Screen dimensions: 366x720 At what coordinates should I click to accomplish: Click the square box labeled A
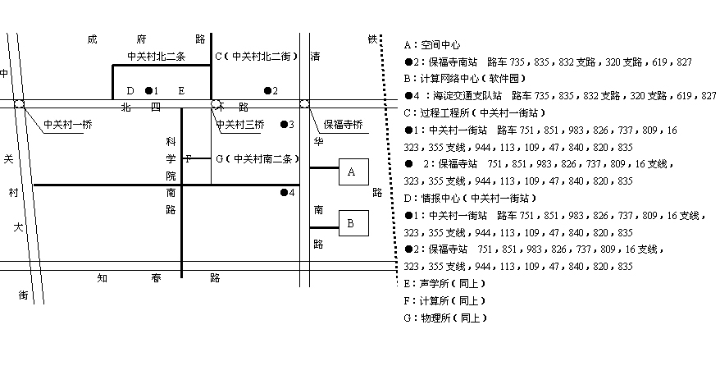pyautogui.click(x=352, y=172)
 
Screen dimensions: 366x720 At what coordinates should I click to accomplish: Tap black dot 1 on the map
pyautogui.click(x=148, y=90)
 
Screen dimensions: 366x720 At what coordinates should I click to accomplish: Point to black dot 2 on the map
pyautogui.click(x=267, y=90)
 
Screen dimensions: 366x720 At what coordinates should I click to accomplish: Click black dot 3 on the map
pyautogui.click(x=284, y=125)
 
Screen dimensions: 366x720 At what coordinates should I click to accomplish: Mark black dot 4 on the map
pyautogui.click(x=284, y=193)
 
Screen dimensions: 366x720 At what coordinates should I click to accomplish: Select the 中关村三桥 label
pyautogui.click(x=240, y=125)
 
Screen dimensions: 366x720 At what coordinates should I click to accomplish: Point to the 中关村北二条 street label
pyautogui.click(x=157, y=57)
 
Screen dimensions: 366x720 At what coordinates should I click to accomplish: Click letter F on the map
pyautogui.click(x=188, y=158)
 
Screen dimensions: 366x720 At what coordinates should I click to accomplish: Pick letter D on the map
pyautogui.click(x=130, y=90)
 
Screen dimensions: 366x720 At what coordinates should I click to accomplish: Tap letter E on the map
pyautogui.click(x=181, y=90)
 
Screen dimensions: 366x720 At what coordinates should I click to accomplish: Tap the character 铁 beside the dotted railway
pyautogui.click(x=372, y=39)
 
